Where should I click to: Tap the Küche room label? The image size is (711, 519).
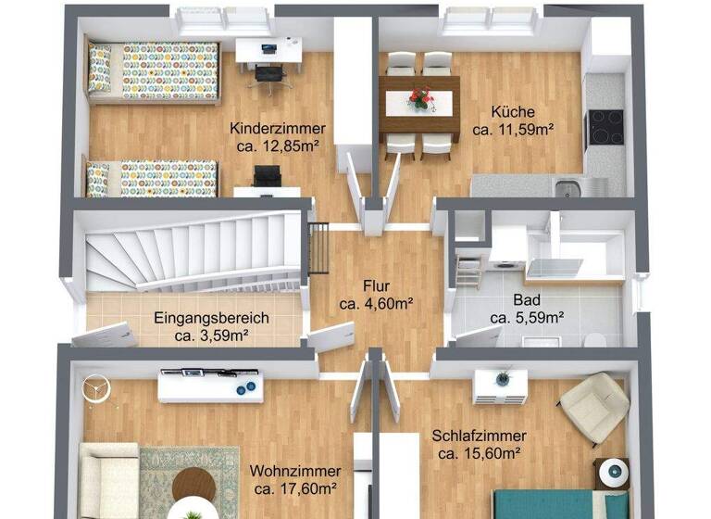pyautogui.click(x=512, y=114)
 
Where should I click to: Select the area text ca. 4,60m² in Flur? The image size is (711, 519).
pyautogui.click(x=375, y=303)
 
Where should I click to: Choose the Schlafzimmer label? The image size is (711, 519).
pyautogui.click(x=480, y=436)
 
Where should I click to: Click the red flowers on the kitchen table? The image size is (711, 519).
pyautogui.click(x=419, y=95)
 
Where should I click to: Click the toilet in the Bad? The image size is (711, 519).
pyautogui.click(x=596, y=338)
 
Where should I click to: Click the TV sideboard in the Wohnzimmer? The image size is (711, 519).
pyautogui.click(x=210, y=384)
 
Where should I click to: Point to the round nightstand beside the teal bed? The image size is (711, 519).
pyautogui.click(x=611, y=474)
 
